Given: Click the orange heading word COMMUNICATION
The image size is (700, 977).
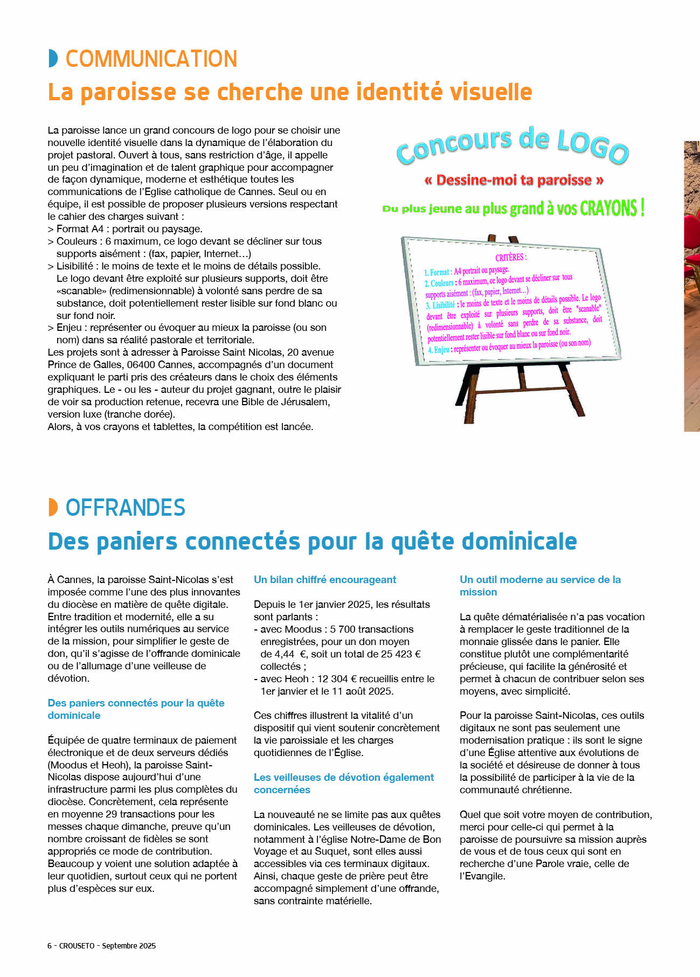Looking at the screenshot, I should coord(151,59).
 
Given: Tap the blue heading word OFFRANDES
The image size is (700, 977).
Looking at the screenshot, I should coord(126,508).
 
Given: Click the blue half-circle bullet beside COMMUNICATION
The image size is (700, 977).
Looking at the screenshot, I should coord(53,58).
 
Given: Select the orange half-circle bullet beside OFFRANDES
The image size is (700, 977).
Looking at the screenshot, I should coord(53,507).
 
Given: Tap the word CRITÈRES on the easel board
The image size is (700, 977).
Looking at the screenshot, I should coord(511,258).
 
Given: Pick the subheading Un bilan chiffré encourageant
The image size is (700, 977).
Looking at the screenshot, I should coord(325,580).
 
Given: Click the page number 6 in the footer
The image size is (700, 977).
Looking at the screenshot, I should coord(50,946).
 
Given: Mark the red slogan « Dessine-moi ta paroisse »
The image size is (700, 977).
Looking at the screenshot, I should coord(514,180).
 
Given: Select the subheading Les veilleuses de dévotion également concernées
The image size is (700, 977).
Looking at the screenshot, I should coord(344,784).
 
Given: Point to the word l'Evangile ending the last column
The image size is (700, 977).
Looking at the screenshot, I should coord(482,876).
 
